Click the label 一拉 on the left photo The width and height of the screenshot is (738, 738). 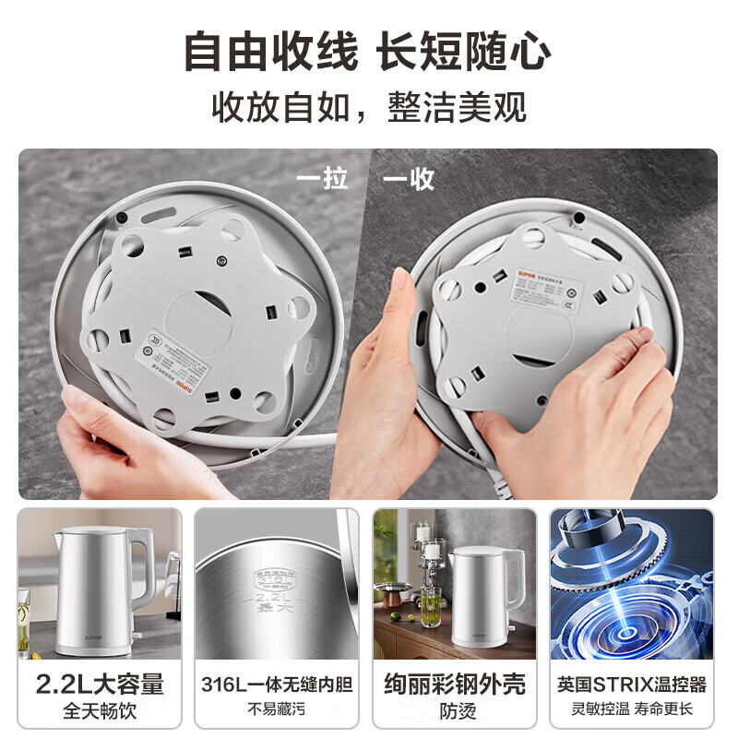coord(322,178)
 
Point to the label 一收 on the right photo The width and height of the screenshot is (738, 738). coord(409,178)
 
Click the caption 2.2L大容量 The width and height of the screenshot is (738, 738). coord(100,684)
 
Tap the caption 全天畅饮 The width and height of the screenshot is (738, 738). coord(100,710)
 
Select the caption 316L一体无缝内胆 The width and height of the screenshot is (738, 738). coord(277,684)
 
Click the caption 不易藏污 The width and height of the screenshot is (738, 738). coord(277,710)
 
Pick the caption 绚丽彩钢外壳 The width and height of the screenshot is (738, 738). coord(455,684)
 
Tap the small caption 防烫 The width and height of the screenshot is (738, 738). coord(455,710)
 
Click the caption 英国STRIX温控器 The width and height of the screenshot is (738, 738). coord(632,684)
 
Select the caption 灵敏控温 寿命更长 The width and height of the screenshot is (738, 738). coord(632,710)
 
